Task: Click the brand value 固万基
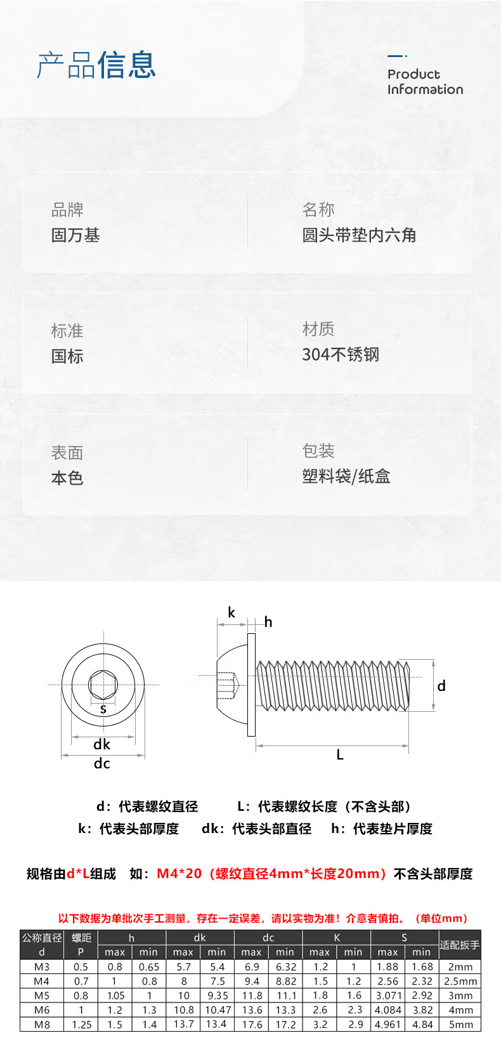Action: click(x=75, y=235)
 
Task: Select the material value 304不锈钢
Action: click(x=341, y=355)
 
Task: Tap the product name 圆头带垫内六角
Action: click(x=359, y=235)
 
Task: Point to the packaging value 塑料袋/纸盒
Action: click(x=346, y=476)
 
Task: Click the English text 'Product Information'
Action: click(x=425, y=82)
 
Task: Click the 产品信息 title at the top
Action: click(x=96, y=65)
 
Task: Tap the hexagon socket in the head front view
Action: click(x=103, y=685)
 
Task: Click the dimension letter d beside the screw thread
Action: click(x=441, y=686)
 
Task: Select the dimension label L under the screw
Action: click(x=340, y=754)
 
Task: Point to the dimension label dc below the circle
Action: click(x=102, y=763)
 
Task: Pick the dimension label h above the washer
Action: click(x=268, y=622)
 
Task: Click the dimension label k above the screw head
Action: click(x=231, y=612)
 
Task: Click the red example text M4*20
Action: click(x=179, y=874)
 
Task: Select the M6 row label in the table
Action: click(x=42, y=1009)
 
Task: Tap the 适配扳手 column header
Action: click(x=459, y=944)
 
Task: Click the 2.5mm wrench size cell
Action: click(x=460, y=981)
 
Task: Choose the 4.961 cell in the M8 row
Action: click(x=387, y=1024)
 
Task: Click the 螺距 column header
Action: click(x=81, y=937)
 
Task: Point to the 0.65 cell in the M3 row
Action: click(x=149, y=967)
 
